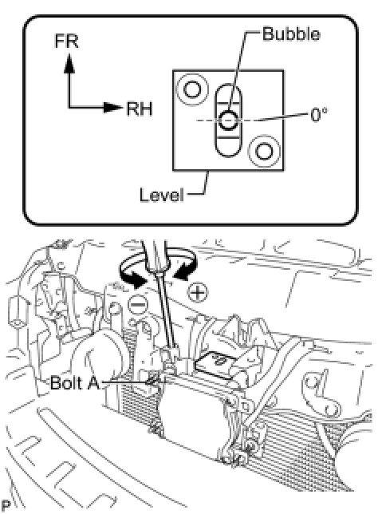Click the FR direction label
(66, 41)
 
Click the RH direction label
(140, 109)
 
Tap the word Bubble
(291, 34)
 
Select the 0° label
(318, 115)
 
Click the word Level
(161, 195)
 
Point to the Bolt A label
(75, 382)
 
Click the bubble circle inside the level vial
(228, 121)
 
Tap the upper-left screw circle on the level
(191, 89)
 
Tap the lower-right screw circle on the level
(264, 151)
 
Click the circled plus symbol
(198, 292)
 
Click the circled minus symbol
(139, 305)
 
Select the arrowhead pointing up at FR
(69, 64)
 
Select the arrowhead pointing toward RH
(112, 107)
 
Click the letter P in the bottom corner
(6, 504)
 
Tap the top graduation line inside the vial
(228, 103)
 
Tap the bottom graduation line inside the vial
(228, 138)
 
